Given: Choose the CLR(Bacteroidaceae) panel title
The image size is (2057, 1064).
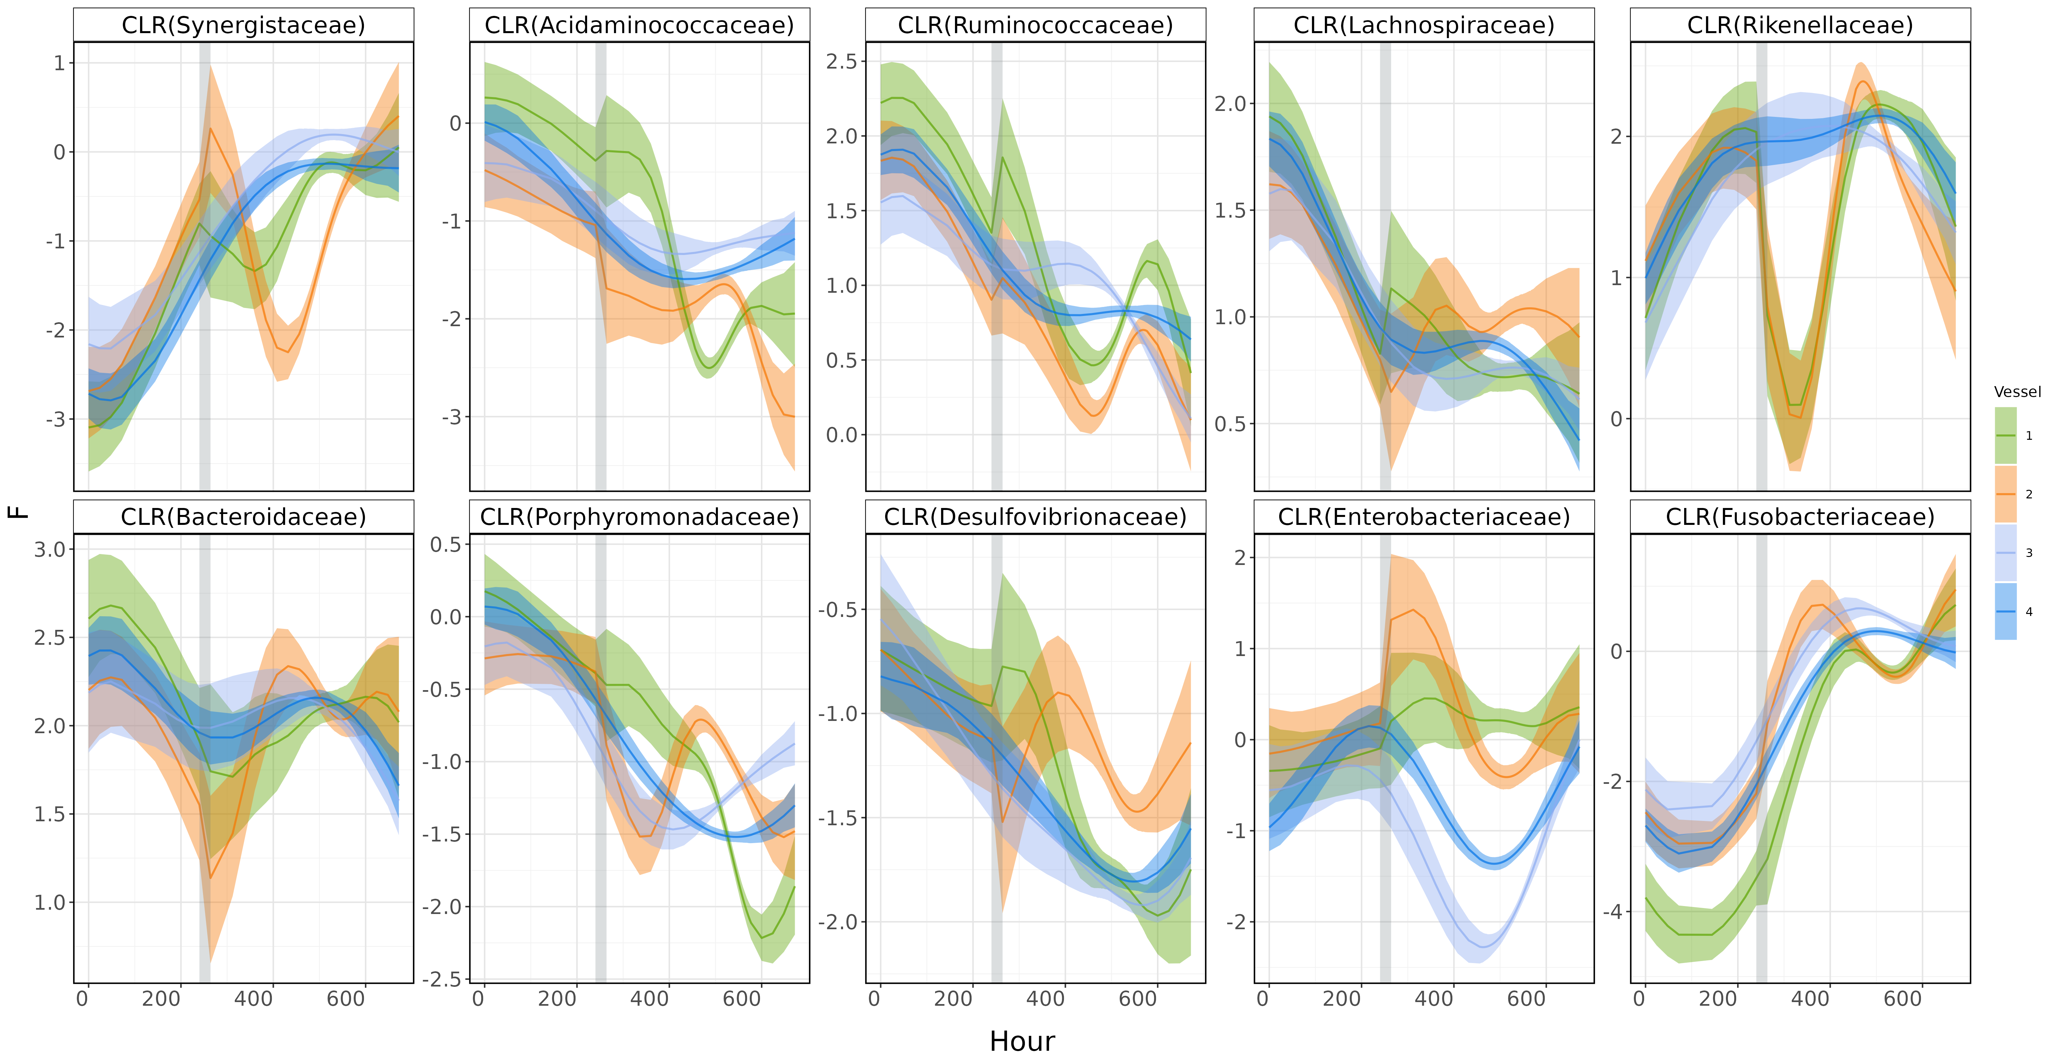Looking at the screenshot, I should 244,517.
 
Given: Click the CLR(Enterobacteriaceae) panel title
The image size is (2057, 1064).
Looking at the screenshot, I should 1424,517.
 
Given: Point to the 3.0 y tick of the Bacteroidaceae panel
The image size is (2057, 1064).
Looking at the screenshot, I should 50,550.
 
